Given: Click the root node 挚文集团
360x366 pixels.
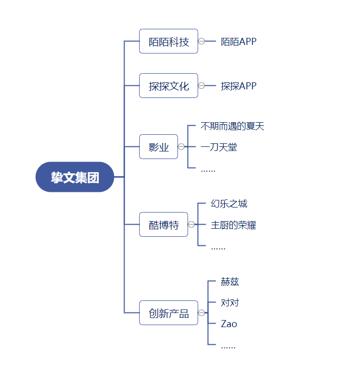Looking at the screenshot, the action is pos(75,177).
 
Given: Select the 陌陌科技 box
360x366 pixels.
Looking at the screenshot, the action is pos(168,41).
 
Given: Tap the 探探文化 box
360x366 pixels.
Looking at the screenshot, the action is pos(168,86).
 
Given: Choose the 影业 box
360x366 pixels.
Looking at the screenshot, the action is pos(158,146).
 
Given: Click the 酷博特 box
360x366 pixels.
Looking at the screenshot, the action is pos(163,224).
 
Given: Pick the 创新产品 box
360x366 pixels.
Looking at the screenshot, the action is pos(168,313).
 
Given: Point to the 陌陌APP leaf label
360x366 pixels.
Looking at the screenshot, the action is pos(238,42).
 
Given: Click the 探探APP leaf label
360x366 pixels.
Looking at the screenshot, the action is pos(238,86).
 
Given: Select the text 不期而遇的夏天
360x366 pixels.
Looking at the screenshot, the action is pos(232,126).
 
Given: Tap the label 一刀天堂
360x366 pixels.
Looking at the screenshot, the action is pos(219,147).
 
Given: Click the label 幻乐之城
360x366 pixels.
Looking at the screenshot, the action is pos(229,204).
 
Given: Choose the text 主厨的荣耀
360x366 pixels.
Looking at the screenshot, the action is pos(233,225).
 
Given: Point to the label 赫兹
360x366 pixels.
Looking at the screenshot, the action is pos(229,282).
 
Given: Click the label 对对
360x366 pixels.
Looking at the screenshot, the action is pos(229,303).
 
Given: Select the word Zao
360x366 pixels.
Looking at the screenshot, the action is pos(229,324).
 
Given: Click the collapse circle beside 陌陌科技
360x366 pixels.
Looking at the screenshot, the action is pos(202,41).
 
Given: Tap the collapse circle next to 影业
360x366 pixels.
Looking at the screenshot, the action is pos(181,146).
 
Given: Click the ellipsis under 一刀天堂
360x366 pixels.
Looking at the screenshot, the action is pos(208,171).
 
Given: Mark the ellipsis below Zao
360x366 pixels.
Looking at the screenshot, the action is pos(228,347).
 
